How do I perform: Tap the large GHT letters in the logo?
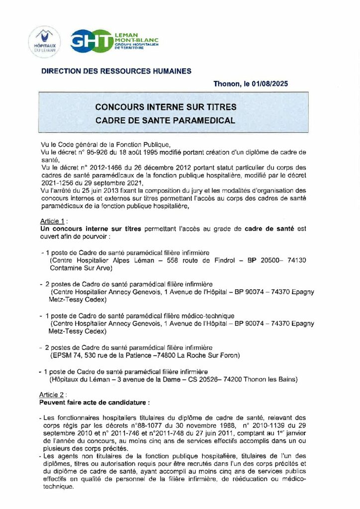click(x=90, y=41)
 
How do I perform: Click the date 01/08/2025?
click(x=269, y=84)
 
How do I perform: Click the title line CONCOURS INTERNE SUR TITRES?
click(x=166, y=107)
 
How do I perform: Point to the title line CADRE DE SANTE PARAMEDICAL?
click(x=166, y=120)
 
